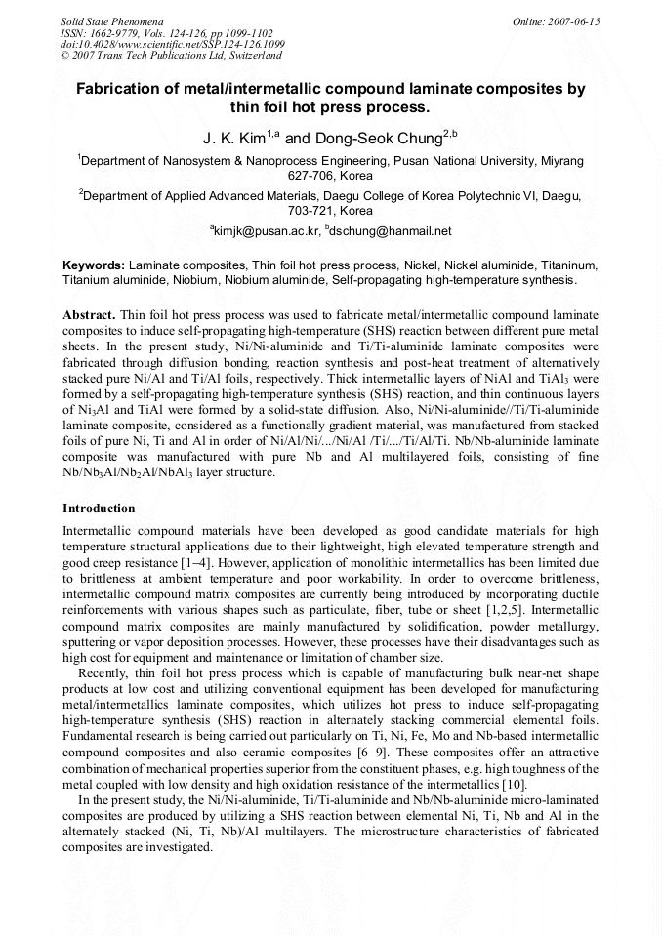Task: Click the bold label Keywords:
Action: pyautogui.click(x=94, y=265)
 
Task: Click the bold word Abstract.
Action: pyautogui.click(x=90, y=316)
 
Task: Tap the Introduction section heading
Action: pyautogui.click(x=99, y=509)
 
